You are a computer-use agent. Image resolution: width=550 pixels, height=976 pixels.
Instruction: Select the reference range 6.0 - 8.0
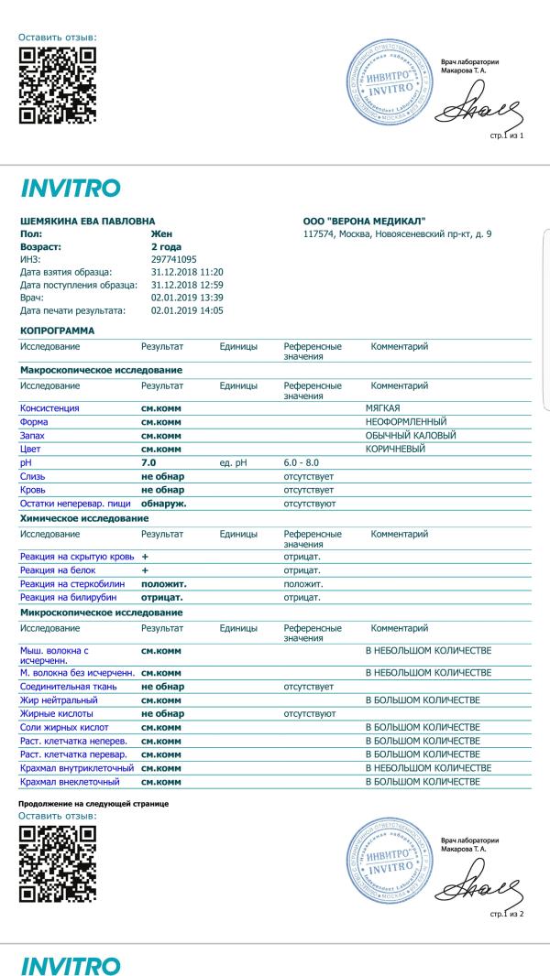coord(302,464)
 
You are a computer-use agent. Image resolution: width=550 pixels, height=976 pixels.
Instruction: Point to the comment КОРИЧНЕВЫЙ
coord(395,450)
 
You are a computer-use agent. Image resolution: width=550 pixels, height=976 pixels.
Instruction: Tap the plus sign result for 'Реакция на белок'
coord(145,570)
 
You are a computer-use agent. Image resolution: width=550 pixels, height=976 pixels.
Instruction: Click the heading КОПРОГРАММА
coord(57,330)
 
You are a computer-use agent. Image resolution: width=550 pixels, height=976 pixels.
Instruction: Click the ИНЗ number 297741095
coord(173,259)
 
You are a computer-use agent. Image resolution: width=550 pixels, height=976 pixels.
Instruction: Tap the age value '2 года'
coord(165,246)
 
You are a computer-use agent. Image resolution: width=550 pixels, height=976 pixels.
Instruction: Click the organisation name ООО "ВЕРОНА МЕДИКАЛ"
coord(364,221)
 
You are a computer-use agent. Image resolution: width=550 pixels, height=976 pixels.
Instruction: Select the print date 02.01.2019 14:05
coord(187,310)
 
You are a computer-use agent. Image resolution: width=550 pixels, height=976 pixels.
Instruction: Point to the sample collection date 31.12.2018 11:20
coord(187,272)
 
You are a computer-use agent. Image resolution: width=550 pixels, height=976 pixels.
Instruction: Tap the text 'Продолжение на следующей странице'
coord(93,804)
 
